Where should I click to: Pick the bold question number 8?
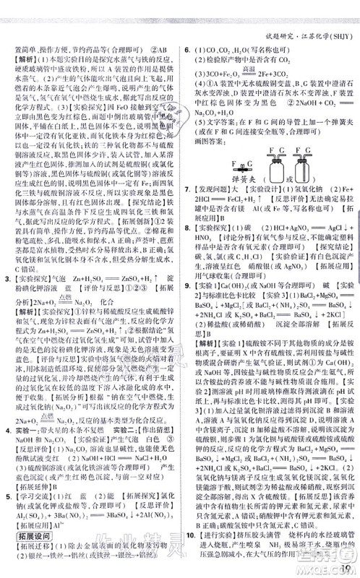(187, 245)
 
